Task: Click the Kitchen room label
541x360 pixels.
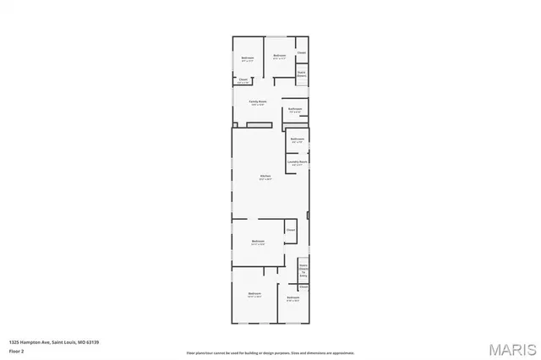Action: point(265,175)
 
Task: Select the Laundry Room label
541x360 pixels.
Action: point(297,161)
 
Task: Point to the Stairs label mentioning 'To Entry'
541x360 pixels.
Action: point(303,269)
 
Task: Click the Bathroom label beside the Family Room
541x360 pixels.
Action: point(295,108)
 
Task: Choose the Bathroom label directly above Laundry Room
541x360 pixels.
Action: point(298,139)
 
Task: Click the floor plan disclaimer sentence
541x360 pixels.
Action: point(270,352)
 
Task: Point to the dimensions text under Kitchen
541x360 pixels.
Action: point(265,179)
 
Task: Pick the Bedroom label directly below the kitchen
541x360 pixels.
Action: point(258,241)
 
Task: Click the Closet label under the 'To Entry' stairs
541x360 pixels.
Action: point(303,286)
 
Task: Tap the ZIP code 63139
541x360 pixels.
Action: point(93,341)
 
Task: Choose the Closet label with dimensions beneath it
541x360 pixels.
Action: point(243,80)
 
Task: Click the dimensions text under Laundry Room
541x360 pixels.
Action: point(297,164)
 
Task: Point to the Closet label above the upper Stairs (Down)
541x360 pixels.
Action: point(302,52)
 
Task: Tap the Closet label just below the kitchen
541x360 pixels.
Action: point(290,229)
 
